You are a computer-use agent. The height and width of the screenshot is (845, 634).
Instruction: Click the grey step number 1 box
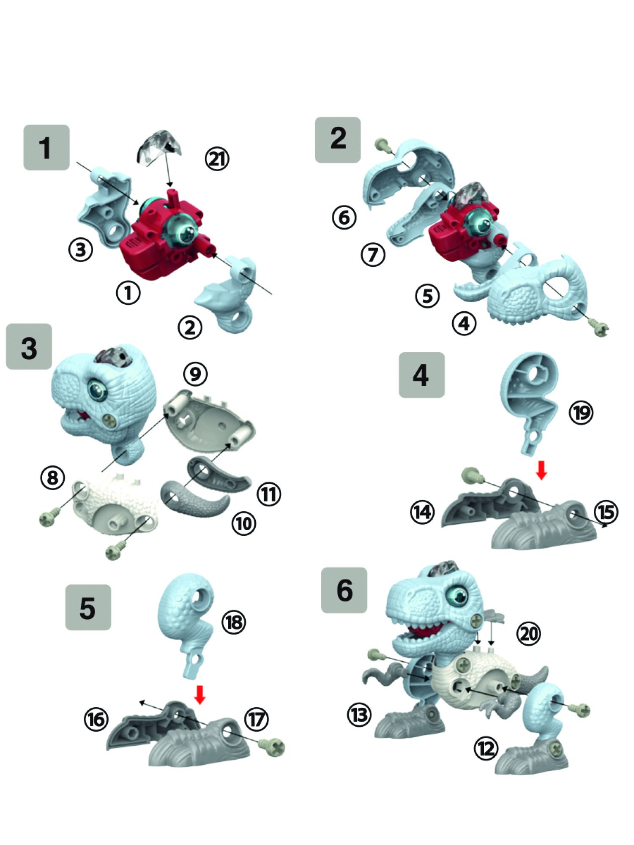point(46,147)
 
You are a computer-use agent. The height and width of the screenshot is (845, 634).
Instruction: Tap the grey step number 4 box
point(421,375)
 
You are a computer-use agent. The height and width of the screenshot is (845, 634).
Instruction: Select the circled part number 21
point(217,159)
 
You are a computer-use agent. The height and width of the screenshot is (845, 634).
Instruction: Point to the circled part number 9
point(195,373)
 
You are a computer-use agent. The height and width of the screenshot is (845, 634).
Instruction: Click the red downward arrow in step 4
point(541,470)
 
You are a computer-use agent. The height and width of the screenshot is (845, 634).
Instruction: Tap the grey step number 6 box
point(344,590)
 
